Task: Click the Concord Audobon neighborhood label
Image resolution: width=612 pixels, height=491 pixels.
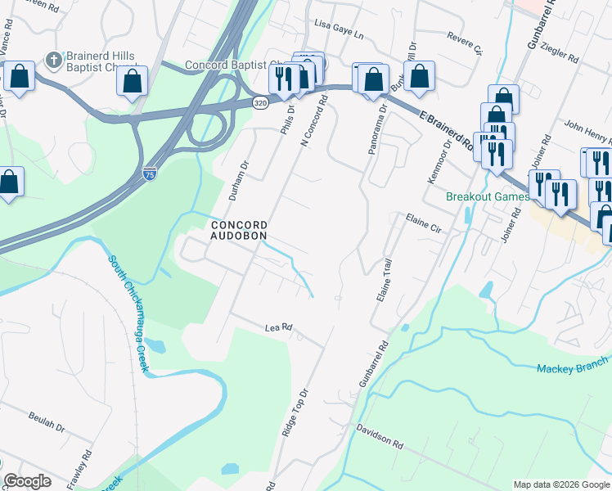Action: coord(239,230)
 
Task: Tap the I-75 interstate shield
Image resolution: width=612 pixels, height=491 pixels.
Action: coord(149,173)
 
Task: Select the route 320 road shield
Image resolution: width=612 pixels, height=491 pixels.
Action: coord(260,103)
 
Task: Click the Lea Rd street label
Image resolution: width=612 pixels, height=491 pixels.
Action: coord(279,328)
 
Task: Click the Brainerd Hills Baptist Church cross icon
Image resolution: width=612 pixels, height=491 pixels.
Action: coord(54,59)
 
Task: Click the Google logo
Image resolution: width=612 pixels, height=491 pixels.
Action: coord(28,481)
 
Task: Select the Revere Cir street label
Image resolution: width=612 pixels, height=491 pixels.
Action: coord(466,41)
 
